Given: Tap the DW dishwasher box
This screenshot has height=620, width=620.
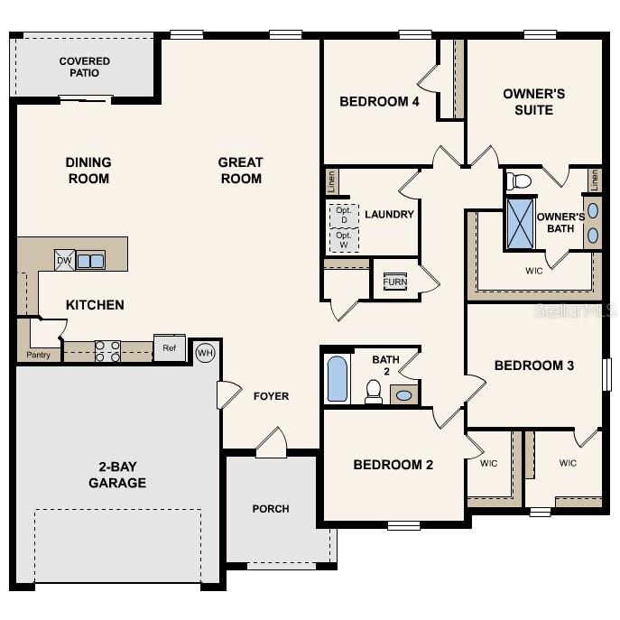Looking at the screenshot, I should coord(64,260).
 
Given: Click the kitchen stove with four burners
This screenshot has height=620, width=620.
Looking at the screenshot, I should coord(108,351).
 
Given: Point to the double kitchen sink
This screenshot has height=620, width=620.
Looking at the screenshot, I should coord(90,261).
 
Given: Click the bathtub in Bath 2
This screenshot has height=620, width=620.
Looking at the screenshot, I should coord(337,379).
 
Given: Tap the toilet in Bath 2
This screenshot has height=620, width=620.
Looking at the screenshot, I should coord(374,390).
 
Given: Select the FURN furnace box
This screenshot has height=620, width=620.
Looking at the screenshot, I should coord(394,281).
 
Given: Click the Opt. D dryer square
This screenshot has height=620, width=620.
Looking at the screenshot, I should coord(343,215).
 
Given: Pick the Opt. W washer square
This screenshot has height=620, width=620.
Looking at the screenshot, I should coord(343,239).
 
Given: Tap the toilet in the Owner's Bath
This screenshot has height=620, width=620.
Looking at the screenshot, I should coord(520,181).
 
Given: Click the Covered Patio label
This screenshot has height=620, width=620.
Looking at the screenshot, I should coord(85,67).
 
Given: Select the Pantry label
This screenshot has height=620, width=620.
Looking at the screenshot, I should coord(38,355).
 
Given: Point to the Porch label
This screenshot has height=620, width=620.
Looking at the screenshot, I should coord(271,509).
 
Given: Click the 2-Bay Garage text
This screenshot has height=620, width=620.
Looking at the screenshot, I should coord(117,475).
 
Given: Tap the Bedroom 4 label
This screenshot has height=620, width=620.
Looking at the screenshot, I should coord(379,102).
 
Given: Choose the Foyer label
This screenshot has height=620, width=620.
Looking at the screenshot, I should coord(271,396).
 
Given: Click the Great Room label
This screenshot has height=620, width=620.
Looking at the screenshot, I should coord(240,171).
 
